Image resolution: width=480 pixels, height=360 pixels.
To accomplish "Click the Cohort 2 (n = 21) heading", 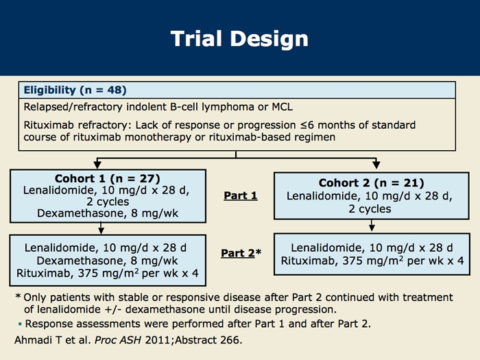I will (371, 182).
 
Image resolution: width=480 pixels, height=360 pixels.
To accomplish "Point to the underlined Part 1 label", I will (240, 196).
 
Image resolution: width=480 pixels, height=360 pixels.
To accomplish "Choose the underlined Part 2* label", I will (241, 253).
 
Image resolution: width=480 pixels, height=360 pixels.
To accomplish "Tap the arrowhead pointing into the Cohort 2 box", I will (375, 165).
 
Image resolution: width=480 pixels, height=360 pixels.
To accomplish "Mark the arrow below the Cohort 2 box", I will (371, 226).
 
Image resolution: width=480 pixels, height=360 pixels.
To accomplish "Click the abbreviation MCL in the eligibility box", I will (287, 107).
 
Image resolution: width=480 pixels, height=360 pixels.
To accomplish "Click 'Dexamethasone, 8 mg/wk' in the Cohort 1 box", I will (108, 213).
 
